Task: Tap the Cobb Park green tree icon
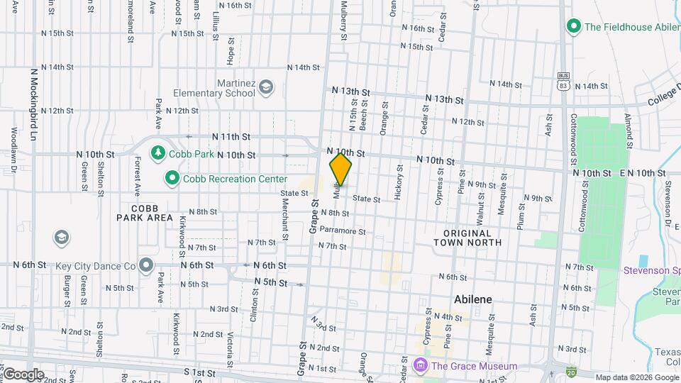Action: [x=158, y=153]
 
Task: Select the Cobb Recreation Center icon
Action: [x=172, y=179]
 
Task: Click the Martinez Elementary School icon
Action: [x=266, y=87]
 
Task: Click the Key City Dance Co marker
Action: [x=146, y=266]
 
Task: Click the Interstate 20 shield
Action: [x=571, y=371]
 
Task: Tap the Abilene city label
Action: [x=472, y=299]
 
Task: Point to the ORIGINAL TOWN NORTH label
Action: [x=467, y=238]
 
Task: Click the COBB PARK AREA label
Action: [x=145, y=213]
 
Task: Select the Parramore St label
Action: [x=342, y=231]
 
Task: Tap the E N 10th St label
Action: [x=642, y=173]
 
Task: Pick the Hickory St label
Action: [x=399, y=182]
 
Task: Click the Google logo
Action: [x=23, y=374]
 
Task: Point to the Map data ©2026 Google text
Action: [x=636, y=377]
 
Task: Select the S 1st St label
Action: [x=199, y=372]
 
